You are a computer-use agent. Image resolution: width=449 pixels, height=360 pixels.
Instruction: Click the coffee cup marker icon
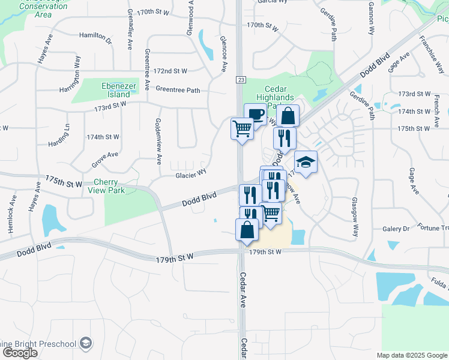coord(255,114)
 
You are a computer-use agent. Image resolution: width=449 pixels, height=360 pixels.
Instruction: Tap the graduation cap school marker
coord(306,162)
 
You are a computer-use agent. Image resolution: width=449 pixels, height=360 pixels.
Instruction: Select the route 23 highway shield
coord(240,79)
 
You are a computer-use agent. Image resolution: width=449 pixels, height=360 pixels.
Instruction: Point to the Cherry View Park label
coord(117,186)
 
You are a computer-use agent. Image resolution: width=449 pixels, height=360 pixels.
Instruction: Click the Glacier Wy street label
coord(191,175)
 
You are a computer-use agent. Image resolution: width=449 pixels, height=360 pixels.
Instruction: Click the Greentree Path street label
coord(178,90)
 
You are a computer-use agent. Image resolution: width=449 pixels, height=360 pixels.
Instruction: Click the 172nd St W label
coord(171,71)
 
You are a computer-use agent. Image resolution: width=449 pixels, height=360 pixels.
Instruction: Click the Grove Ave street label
coord(104,158)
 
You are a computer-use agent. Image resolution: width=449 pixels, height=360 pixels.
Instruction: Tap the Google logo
coord(20,353)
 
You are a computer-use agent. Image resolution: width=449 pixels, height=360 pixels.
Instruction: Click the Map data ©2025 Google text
coord(412,355)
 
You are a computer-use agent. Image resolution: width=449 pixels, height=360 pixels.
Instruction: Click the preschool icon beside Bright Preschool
coord(86,343)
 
